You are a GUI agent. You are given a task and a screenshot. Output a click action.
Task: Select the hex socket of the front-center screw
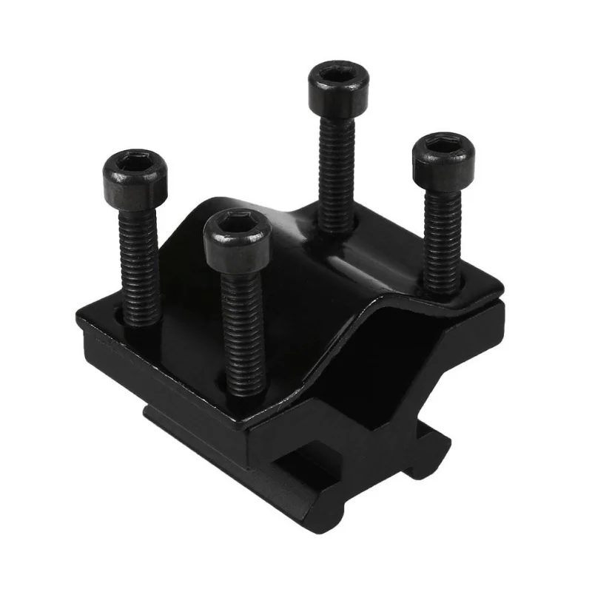click(x=237, y=222)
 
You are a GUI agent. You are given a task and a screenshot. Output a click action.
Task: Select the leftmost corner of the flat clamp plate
click(x=79, y=311)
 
